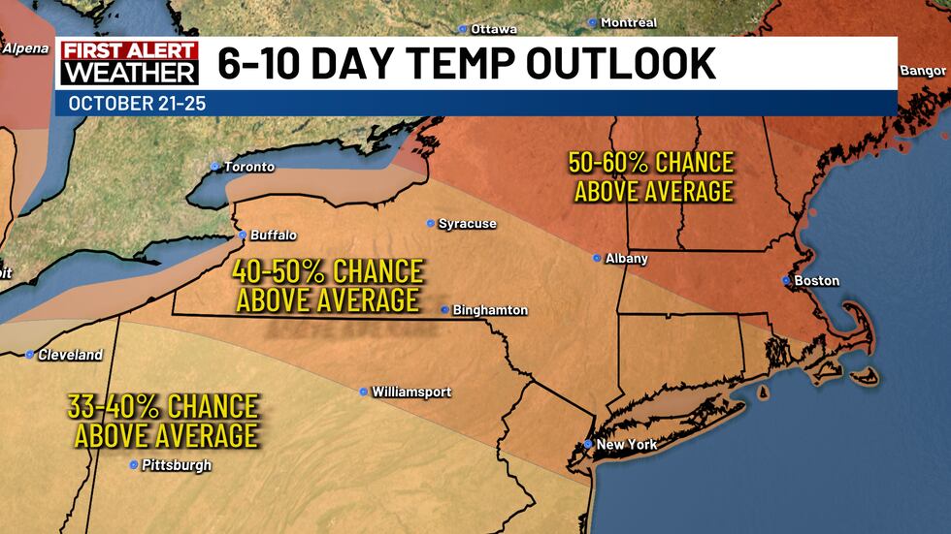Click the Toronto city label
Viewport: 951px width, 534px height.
point(249,167)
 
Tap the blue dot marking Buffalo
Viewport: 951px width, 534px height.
point(243,235)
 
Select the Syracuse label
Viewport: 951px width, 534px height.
point(467,224)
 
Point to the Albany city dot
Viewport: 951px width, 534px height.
point(598,258)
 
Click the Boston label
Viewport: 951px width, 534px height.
point(816,281)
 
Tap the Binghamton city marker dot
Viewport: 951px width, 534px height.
point(444,310)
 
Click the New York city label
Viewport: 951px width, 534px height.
point(627,445)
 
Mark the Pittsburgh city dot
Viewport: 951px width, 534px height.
point(134,465)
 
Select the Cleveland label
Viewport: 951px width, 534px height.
point(70,356)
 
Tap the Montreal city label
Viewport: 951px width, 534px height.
point(629,22)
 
